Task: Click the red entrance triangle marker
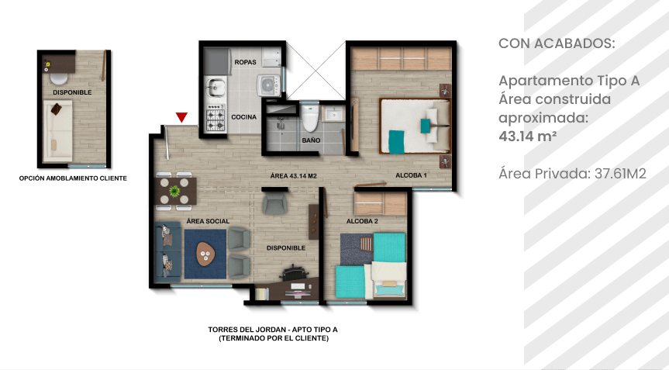(x=181, y=117)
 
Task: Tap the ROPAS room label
(x=245, y=62)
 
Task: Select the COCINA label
(x=244, y=117)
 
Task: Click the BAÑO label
(x=311, y=140)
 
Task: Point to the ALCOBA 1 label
(x=412, y=175)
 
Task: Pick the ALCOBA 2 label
(x=362, y=221)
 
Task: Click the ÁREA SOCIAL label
(x=208, y=221)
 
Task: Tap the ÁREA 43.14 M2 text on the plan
(x=294, y=176)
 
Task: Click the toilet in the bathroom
(x=310, y=118)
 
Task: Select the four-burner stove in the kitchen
(x=216, y=119)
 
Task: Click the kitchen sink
(x=216, y=88)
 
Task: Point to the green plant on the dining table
(x=174, y=191)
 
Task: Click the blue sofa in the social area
(x=167, y=252)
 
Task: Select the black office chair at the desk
(x=295, y=273)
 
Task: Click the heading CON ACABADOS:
(x=557, y=43)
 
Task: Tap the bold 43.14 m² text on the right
(x=528, y=137)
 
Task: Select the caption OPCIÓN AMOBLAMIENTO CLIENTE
(x=73, y=178)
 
